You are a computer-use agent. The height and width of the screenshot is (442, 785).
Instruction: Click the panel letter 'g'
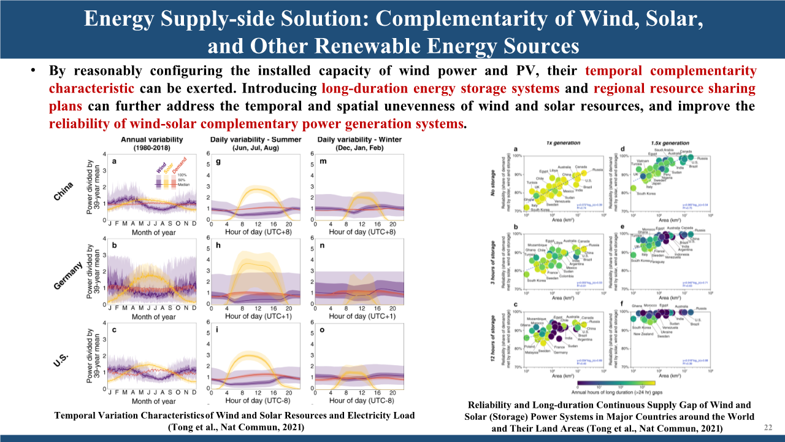click(x=218, y=163)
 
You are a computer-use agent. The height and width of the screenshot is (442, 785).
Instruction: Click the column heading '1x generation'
click(x=564, y=142)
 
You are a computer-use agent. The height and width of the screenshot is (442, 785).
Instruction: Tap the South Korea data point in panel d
click(x=634, y=188)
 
